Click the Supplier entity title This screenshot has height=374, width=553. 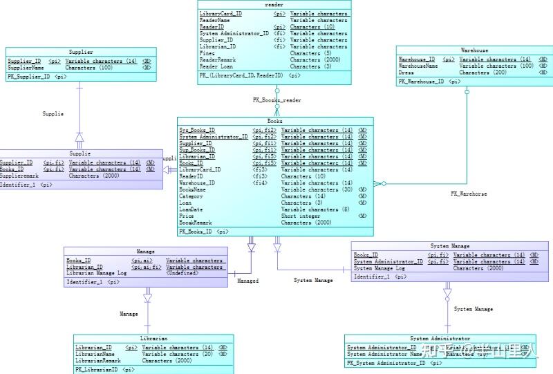(81, 52)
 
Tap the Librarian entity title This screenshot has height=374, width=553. (153, 339)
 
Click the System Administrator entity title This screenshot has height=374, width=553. (440, 339)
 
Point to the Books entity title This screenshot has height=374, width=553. (275, 121)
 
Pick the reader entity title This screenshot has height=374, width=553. (274, 5)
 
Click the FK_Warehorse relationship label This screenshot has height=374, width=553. (469, 194)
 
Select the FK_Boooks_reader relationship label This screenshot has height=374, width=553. (276, 100)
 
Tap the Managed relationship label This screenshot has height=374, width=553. (247, 281)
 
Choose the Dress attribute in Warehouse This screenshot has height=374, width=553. (406, 73)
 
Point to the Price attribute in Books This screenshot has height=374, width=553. (187, 216)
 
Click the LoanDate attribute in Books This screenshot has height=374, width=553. (191, 209)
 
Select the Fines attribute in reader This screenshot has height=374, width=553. (207, 53)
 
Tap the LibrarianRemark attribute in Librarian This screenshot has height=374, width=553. (98, 360)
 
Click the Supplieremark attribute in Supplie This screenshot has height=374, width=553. (22, 176)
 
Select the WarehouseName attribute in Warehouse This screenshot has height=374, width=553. (418, 66)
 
